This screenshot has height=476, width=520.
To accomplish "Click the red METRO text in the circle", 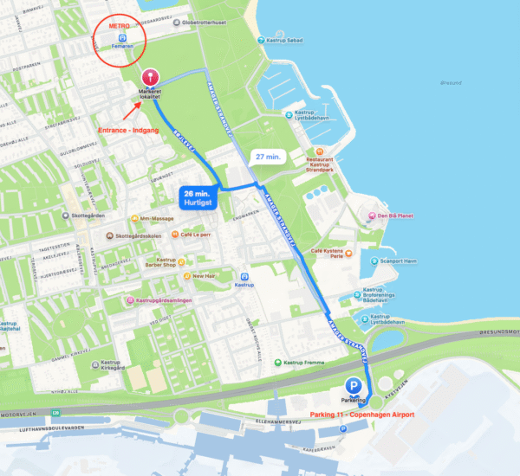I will tap(119, 27).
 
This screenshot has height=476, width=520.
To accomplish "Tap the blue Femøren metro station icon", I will tap(122, 39).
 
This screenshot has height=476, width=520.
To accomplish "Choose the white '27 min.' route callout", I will tap(265, 157).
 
